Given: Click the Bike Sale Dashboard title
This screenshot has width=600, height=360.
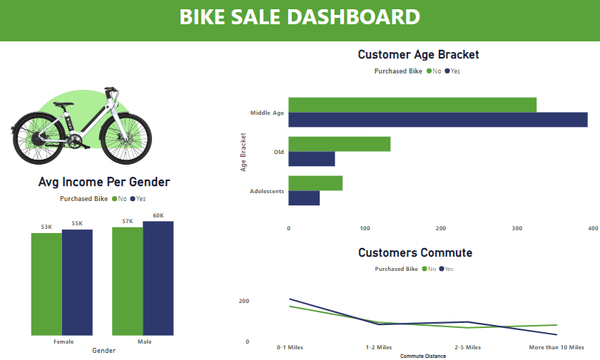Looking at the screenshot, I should pyautogui.click(x=300, y=17).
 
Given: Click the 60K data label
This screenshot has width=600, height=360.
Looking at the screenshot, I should pyautogui.click(x=158, y=216).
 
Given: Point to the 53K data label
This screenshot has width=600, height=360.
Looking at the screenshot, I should pyautogui.click(x=46, y=227).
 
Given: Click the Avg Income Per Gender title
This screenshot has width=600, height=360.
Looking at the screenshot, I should pyautogui.click(x=103, y=182).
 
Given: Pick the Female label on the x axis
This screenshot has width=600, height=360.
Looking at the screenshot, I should pyautogui.click(x=63, y=342).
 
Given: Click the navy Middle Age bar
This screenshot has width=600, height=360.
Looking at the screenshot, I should pyautogui.click(x=437, y=120).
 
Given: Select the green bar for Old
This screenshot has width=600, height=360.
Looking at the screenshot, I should pyautogui.click(x=339, y=144).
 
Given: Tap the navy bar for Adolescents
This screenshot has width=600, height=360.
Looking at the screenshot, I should pyautogui.click(x=304, y=198).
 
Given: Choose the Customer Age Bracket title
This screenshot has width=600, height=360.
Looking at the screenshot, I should pyautogui.click(x=418, y=54).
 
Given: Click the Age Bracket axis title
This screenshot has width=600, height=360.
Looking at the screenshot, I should pyautogui.click(x=243, y=152).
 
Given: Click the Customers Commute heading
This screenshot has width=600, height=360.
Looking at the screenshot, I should pyautogui.click(x=415, y=252).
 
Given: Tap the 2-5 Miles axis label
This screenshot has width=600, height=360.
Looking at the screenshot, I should pyautogui.click(x=467, y=348).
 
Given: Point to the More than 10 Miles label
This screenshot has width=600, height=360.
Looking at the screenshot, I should pyautogui.click(x=556, y=348).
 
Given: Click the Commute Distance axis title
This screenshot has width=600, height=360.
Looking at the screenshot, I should pyautogui.click(x=422, y=356).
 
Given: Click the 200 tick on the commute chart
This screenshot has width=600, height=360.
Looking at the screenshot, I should pyautogui.click(x=243, y=302).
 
